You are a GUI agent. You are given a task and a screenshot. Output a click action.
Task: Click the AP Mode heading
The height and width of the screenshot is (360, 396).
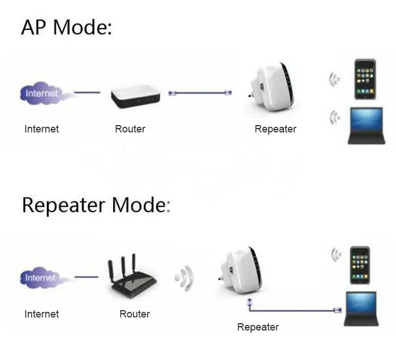(67, 27)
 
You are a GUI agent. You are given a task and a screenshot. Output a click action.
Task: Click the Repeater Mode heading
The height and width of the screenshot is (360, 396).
(96, 205)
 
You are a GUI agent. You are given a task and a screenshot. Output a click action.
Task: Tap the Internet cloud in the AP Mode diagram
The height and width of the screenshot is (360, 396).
(42, 93)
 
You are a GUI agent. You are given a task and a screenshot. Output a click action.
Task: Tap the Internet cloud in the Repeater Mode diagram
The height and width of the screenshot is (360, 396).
(42, 278)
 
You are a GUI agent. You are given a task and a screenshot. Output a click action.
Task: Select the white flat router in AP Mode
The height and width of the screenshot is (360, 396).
(135, 97)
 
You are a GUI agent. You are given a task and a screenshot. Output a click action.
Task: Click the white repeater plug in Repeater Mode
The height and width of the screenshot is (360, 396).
(240, 270)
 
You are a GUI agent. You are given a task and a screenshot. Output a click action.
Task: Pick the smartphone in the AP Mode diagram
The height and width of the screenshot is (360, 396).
(365, 79)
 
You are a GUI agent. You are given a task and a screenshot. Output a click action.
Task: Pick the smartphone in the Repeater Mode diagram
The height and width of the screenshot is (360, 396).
(360, 265)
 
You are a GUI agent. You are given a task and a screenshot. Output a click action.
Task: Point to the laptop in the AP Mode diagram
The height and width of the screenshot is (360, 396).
(367, 126)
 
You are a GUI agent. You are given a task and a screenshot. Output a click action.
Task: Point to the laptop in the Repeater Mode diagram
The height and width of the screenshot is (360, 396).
(361, 308)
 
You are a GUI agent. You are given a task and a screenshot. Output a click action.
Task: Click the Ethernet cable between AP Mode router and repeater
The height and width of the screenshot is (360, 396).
(200, 93)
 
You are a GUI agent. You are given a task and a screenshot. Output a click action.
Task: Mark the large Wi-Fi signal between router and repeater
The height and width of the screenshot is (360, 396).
(184, 278)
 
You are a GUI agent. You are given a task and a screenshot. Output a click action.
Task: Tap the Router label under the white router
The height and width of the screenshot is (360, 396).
(130, 129)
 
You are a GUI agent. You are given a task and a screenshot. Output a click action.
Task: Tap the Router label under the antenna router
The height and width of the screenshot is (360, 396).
(135, 314)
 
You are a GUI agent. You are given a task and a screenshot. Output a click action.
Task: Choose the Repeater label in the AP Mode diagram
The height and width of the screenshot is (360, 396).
(276, 129)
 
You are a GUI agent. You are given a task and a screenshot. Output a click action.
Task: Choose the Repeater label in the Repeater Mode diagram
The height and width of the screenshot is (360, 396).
(258, 327)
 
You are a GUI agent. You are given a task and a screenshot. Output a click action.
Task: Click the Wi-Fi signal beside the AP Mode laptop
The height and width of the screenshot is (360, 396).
(335, 117)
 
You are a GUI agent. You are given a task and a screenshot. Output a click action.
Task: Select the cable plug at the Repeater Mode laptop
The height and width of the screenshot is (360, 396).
(337, 310)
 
